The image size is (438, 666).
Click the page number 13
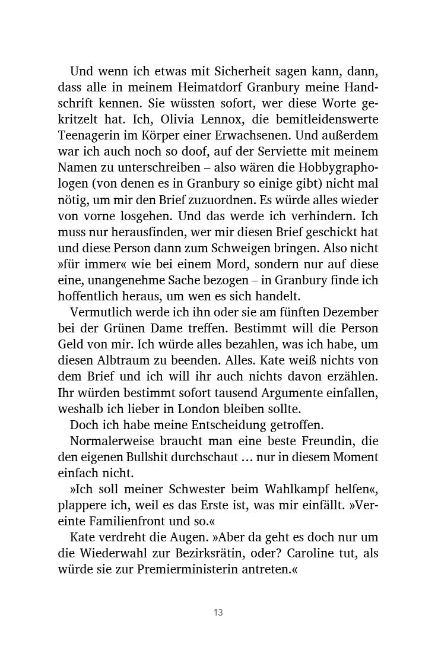218,613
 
